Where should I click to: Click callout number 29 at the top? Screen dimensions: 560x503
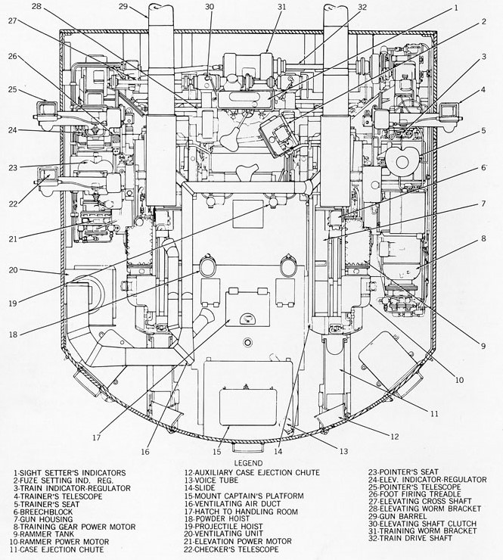[x=124, y=7]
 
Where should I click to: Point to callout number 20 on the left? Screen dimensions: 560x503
[x=14, y=269]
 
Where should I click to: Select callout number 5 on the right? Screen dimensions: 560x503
[x=482, y=130]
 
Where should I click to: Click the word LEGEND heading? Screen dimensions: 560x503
[x=247, y=462]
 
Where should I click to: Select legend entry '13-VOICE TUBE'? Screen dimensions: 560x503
[x=213, y=480]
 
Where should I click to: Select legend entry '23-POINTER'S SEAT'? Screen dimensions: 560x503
[x=399, y=472]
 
